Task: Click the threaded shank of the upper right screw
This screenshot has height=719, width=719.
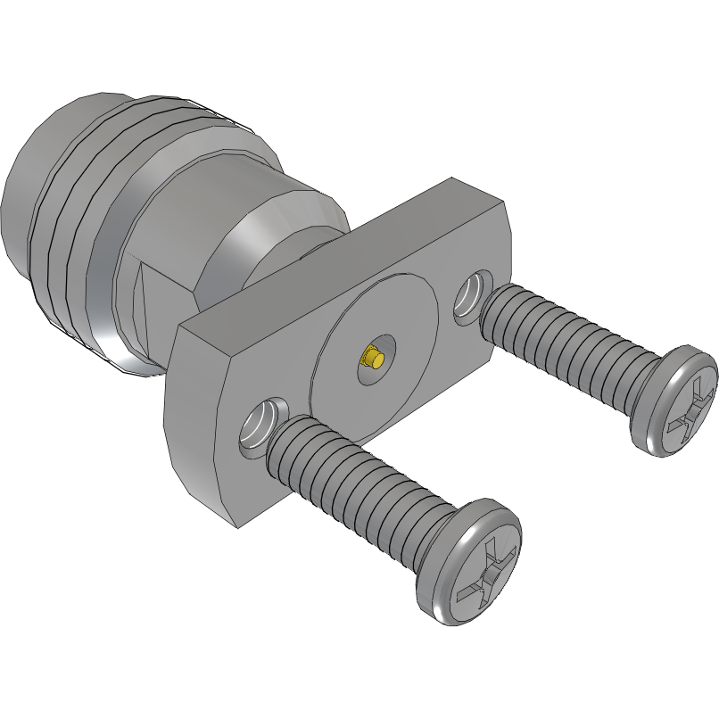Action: click(571, 331)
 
